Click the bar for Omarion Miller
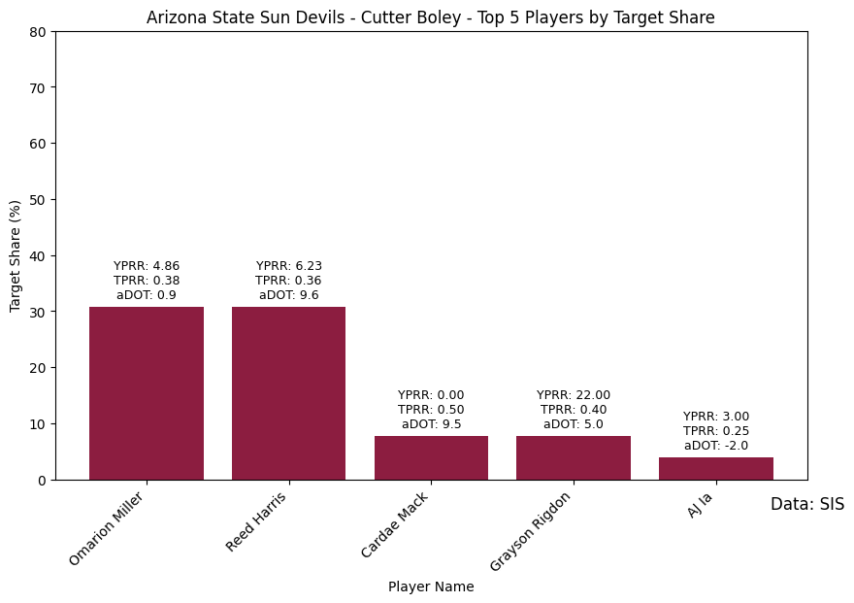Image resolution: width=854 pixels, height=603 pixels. click(x=147, y=393)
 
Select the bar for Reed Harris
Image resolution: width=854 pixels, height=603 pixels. click(x=288, y=393)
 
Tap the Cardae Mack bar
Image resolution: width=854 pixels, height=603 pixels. click(x=431, y=458)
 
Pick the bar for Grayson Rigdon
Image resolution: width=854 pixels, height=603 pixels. click(x=574, y=458)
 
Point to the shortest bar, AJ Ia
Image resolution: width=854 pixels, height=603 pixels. click(x=716, y=468)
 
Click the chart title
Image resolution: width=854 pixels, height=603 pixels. click(x=431, y=17)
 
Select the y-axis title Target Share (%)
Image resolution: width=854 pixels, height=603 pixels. click(x=15, y=256)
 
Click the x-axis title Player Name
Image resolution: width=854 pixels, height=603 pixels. click(x=431, y=586)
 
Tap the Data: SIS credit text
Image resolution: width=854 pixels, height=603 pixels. click(x=807, y=504)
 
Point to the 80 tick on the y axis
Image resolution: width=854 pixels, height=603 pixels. click(x=38, y=32)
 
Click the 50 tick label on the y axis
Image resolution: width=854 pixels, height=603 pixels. click(x=38, y=200)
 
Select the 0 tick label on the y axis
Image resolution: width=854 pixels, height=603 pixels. click(x=43, y=481)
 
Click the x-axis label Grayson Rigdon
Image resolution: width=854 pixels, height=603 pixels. click(x=530, y=532)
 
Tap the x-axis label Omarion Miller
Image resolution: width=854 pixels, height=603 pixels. click(x=106, y=529)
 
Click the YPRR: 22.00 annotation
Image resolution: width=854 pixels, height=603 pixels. click(x=574, y=395)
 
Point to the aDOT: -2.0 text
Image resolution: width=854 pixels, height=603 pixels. click(x=716, y=446)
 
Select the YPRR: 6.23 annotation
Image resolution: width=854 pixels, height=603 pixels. click(x=288, y=266)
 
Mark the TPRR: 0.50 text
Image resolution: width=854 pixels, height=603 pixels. click(x=431, y=410)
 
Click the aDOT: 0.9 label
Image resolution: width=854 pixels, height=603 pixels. click(x=147, y=295)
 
